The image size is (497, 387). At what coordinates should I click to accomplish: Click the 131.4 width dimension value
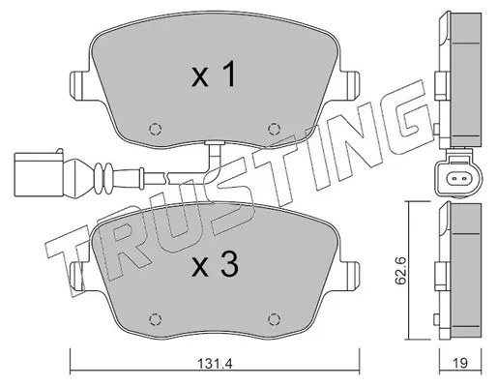tap(215, 364)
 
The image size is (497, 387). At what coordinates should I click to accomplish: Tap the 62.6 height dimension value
tap(400, 271)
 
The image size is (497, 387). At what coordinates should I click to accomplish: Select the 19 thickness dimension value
tap(460, 364)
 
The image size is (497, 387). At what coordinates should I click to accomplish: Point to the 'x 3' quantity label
tap(215, 265)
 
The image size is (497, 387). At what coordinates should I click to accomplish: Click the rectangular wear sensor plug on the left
tap(39, 174)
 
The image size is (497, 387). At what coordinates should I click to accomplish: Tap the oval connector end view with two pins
tap(458, 178)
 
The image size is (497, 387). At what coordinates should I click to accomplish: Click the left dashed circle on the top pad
tap(155, 129)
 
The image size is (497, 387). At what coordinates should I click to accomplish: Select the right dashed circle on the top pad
tap(274, 129)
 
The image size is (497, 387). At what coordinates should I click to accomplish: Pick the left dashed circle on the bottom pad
tap(155, 319)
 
